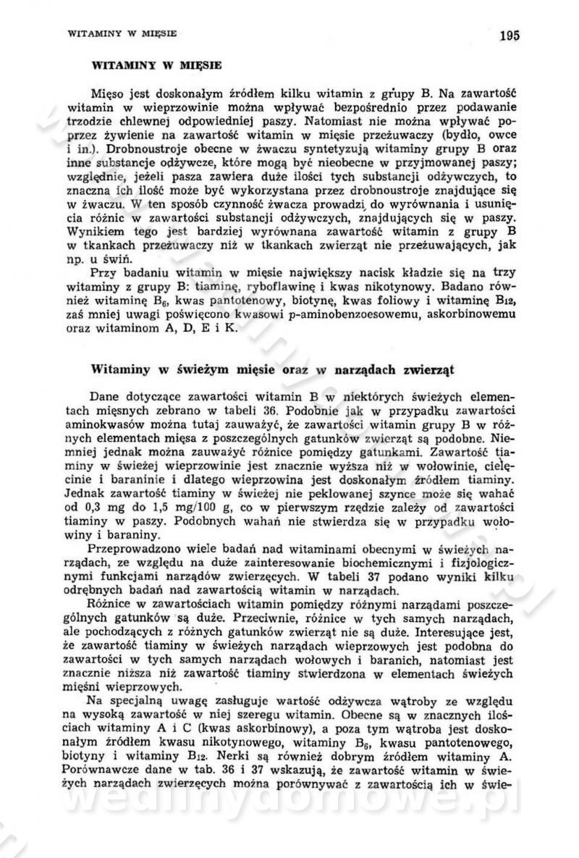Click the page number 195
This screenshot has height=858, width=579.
(x=509, y=35)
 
